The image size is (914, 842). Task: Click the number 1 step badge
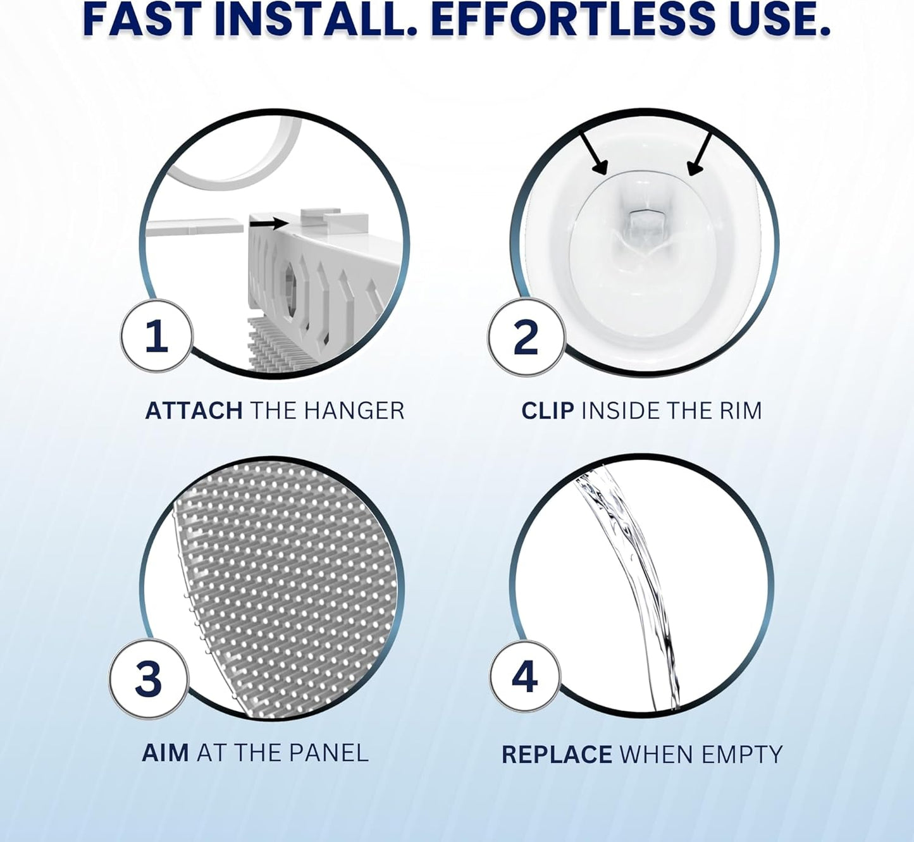click(x=157, y=336)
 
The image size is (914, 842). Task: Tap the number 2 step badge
click(x=526, y=338)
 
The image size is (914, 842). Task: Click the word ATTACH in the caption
click(x=194, y=411)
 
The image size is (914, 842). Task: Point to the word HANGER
click(x=354, y=411)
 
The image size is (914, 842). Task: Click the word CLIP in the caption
click(x=548, y=411)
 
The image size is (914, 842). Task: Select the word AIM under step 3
click(x=165, y=753)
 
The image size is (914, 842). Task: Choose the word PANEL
click(x=328, y=753)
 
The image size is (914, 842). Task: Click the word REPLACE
click(x=557, y=755)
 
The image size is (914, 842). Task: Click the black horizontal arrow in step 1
click(x=269, y=223)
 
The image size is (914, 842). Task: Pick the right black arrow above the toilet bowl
click(x=700, y=154)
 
